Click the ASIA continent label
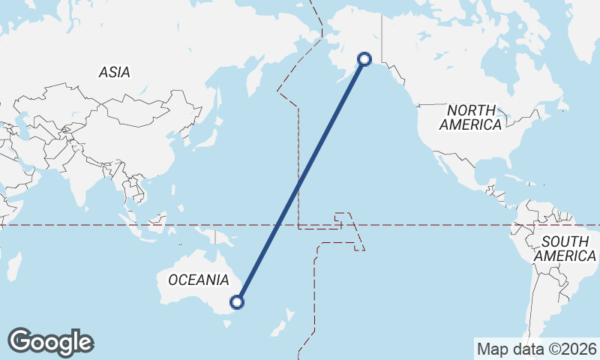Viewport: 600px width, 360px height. click(114, 73)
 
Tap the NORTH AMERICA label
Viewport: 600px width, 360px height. click(471, 118)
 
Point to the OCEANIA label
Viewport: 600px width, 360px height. click(198, 280)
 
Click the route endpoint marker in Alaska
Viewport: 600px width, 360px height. click(365, 58)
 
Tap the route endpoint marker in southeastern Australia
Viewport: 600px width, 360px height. click(237, 302)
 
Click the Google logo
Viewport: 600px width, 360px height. click(50, 342)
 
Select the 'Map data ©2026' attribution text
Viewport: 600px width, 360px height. click(536, 349)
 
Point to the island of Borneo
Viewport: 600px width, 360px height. click(157, 222)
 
